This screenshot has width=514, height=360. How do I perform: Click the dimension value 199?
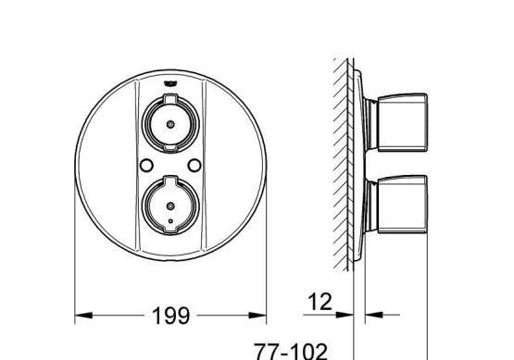point(170,316)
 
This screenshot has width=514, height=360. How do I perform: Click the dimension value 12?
point(320,302)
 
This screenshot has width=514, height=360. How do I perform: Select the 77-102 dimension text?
point(291,351)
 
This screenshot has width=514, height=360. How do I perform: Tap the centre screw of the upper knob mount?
point(170,124)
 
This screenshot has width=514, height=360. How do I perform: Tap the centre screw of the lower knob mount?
point(170,206)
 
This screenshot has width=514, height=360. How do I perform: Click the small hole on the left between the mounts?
point(146,166)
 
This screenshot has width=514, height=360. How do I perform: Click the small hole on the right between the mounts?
point(195,166)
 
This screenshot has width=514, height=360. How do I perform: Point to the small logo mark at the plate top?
point(170,84)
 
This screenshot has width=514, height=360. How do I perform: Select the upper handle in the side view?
point(403,123)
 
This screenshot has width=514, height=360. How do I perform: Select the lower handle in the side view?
point(403,205)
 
